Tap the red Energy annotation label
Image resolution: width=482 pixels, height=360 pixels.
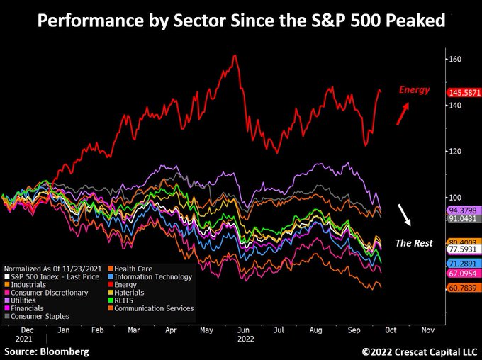413,90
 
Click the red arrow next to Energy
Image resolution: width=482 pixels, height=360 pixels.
402,113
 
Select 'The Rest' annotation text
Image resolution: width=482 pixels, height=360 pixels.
413,242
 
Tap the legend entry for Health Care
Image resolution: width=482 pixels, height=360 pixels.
135,269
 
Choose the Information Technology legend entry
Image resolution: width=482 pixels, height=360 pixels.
152,276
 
